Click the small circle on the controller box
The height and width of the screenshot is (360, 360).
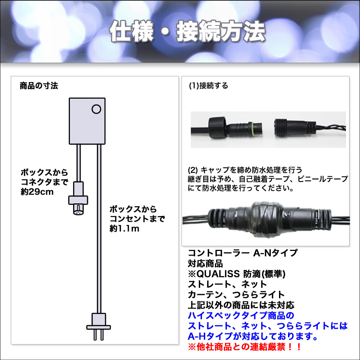click(96, 109)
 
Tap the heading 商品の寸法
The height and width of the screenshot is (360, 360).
click(39, 86)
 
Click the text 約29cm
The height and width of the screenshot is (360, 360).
click(37, 192)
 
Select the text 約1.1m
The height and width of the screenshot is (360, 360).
click(125, 229)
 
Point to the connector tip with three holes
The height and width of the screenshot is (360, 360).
click(78, 210)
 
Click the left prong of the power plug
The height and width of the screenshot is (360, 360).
click(95, 335)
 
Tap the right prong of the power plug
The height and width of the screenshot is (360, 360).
click(102, 335)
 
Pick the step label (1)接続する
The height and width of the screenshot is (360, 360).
click(208, 86)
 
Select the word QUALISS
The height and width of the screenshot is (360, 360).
click(219, 274)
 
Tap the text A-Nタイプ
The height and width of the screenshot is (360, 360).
click(275, 253)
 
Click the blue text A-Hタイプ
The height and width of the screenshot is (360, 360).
click(210, 336)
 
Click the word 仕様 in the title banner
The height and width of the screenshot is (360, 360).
click(131, 31)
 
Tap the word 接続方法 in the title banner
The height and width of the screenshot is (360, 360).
click(221, 31)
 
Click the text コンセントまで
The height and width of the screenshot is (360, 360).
click(137, 219)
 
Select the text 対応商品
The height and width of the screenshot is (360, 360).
click(205, 264)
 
